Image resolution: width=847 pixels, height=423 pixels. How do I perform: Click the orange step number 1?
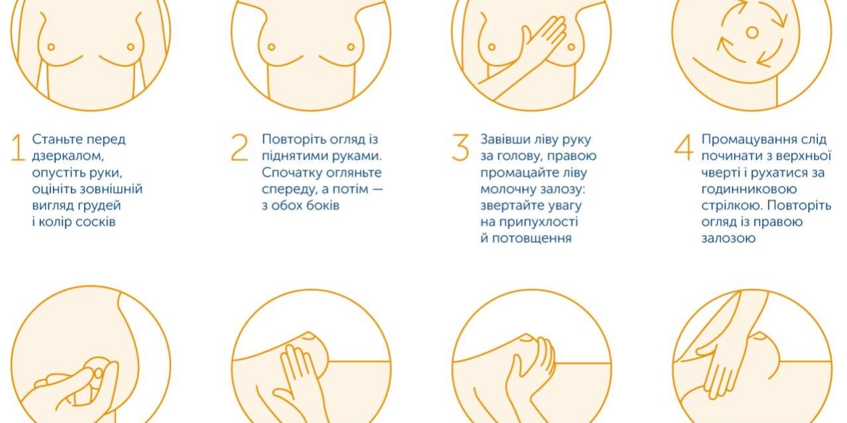(x=18, y=148)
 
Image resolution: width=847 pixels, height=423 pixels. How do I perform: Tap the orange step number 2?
(x=239, y=148)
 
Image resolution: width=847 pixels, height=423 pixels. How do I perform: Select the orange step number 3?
(x=460, y=148)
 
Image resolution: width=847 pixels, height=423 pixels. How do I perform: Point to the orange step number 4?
(x=684, y=148)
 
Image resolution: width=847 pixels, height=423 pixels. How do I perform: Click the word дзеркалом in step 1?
(x=68, y=156)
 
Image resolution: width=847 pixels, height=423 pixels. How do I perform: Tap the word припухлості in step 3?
(x=538, y=222)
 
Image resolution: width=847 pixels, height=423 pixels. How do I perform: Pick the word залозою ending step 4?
(x=728, y=239)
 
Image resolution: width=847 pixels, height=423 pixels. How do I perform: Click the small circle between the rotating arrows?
(x=752, y=33)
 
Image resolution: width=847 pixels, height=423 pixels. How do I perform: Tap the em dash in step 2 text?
(x=377, y=189)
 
